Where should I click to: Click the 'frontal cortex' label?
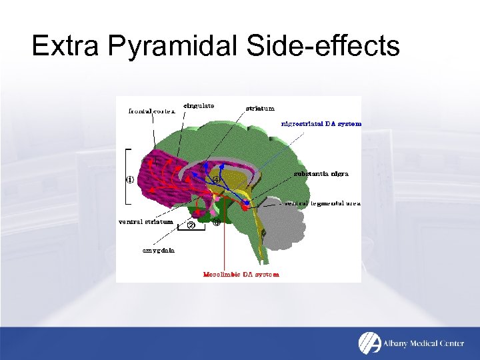[151, 111]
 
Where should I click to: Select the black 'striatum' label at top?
[259, 108]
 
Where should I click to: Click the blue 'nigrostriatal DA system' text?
[321, 123]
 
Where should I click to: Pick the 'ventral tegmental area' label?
[323, 203]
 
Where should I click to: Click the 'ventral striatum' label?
[145, 221]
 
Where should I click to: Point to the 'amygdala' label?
[158, 251]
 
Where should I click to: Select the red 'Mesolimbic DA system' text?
[241, 274]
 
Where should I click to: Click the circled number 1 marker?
[131, 179]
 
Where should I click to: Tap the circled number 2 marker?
[191, 225]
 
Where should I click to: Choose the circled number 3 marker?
[216, 223]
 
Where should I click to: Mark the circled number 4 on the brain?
[216, 179]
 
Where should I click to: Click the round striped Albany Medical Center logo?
[369, 342]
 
